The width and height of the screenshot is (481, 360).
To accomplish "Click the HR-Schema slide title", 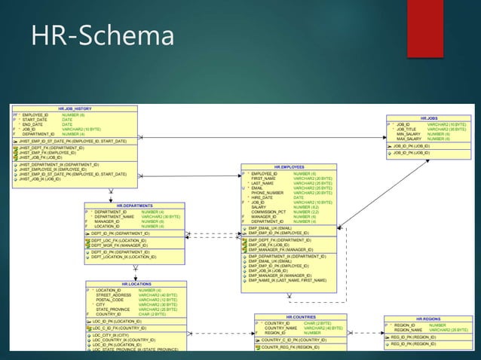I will point(102,35).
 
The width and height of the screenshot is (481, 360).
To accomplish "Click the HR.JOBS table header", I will point(429,118).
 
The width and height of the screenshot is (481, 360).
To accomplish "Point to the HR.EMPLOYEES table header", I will point(289,166).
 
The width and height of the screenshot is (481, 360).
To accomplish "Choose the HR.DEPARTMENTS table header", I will point(134,205).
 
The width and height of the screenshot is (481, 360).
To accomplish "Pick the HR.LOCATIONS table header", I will point(136,284).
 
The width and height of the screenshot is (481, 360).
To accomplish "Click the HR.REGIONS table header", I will point(427,319).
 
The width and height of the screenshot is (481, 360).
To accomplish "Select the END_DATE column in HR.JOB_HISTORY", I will point(33,124).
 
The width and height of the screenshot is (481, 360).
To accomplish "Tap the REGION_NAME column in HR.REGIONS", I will point(408,330).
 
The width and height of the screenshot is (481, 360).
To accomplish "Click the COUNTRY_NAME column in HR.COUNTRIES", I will point(280,328).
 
